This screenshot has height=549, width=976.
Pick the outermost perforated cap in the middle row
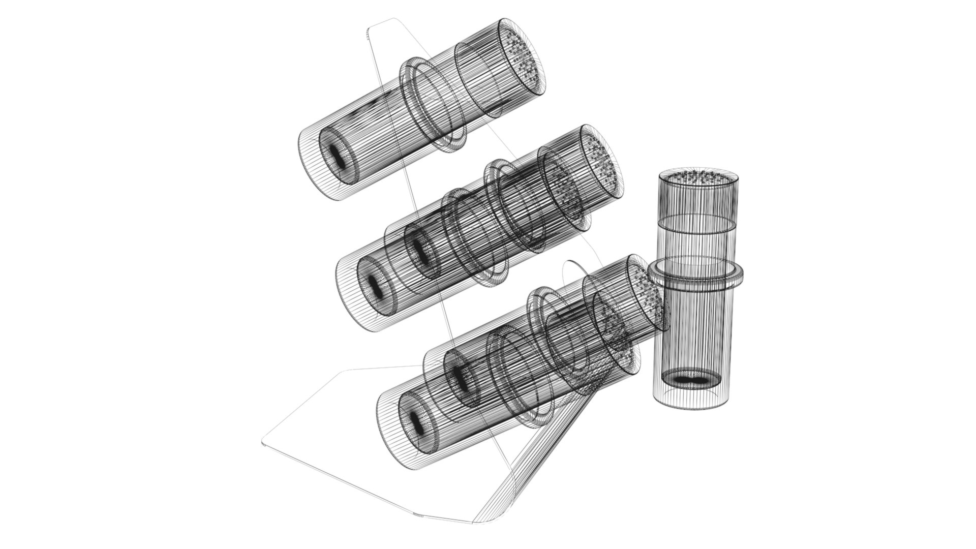coord(602,163)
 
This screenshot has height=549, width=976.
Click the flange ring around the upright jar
coord(695,274)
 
